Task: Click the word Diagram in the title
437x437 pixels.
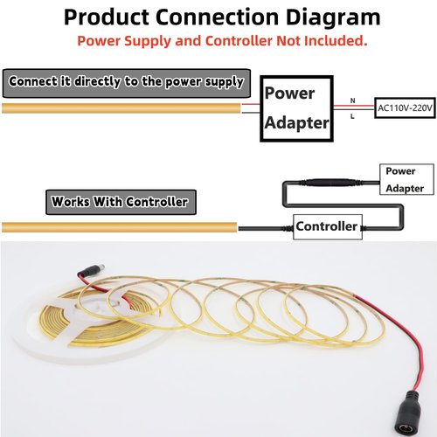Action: (x=333, y=18)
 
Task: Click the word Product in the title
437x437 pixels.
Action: (x=106, y=17)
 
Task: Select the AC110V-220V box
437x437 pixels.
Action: (x=405, y=108)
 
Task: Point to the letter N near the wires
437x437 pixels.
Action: (x=353, y=101)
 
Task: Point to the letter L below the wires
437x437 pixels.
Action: (x=352, y=116)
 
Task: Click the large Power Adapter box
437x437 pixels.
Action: (x=296, y=108)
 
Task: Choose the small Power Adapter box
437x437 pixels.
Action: (x=406, y=179)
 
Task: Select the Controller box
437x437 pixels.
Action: (x=328, y=227)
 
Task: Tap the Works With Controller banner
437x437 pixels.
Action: (x=121, y=202)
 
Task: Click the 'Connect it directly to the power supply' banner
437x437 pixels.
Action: (x=127, y=83)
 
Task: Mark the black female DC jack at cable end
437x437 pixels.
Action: (x=406, y=413)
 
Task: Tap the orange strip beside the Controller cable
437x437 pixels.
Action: (x=120, y=227)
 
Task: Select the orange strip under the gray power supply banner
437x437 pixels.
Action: (x=121, y=108)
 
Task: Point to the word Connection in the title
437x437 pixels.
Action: (x=217, y=17)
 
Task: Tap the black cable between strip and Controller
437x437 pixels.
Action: (x=266, y=228)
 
